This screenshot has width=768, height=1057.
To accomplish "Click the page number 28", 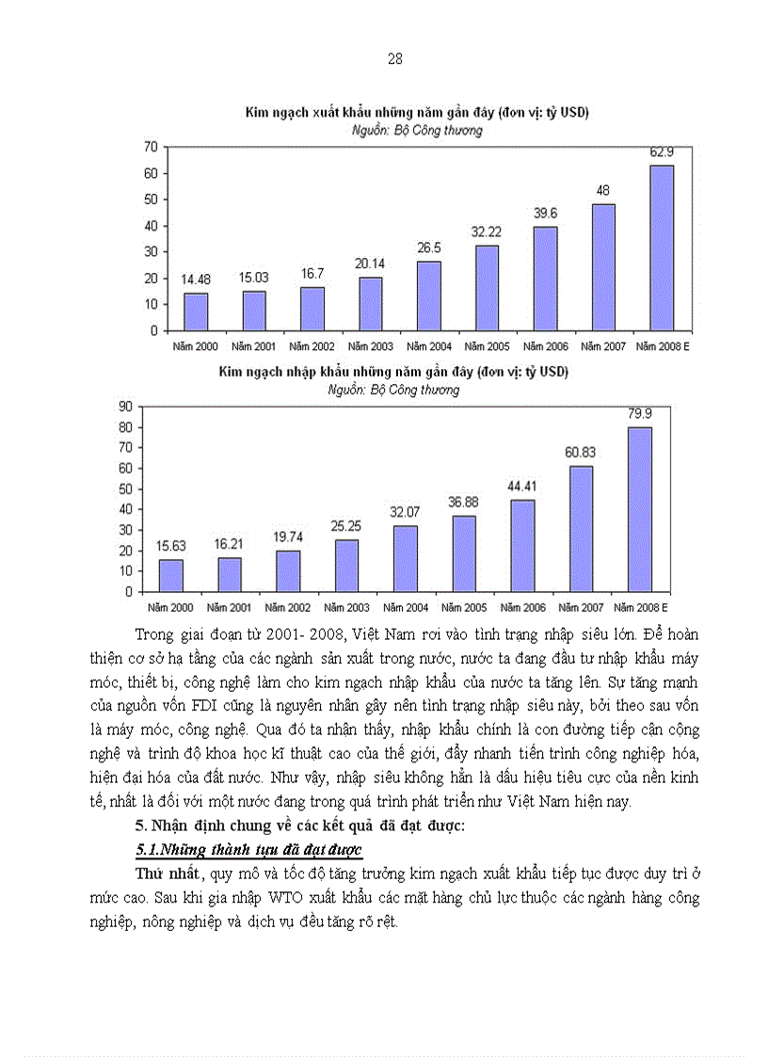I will [395, 59].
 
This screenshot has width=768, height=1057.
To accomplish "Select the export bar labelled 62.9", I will [663, 248].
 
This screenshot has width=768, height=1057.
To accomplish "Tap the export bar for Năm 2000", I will [196, 312].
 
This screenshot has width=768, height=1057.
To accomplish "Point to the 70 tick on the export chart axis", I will [149, 147].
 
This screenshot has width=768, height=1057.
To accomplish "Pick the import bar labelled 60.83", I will [581, 528].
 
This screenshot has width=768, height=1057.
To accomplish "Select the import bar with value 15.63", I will [171, 575].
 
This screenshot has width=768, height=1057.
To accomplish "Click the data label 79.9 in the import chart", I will [639, 412].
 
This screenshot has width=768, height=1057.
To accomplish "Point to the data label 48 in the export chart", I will [604, 190].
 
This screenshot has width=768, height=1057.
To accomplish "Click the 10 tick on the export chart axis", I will [149, 305].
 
